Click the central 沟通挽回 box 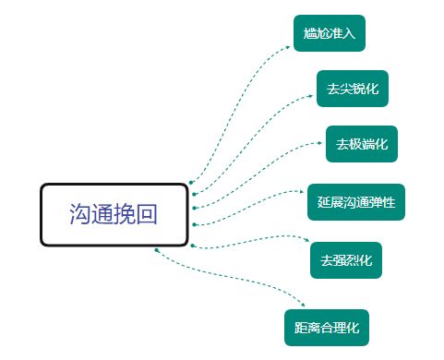tap(114, 214)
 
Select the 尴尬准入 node tap(329, 33)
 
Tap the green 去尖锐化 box tap(352, 89)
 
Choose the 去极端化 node tap(361, 144)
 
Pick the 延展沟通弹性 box tap(356, 201)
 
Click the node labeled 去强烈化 tap(345, 260)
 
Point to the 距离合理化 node tap(325, 327)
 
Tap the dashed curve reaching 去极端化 tap(258, 166)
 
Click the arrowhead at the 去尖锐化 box tap(313, 95)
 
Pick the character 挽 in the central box tap(126, 214)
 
